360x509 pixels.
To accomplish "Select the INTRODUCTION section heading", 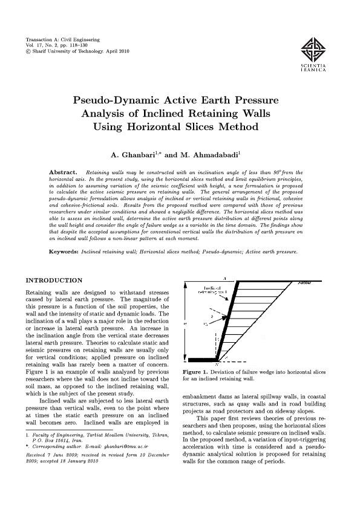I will click(53, 280).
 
